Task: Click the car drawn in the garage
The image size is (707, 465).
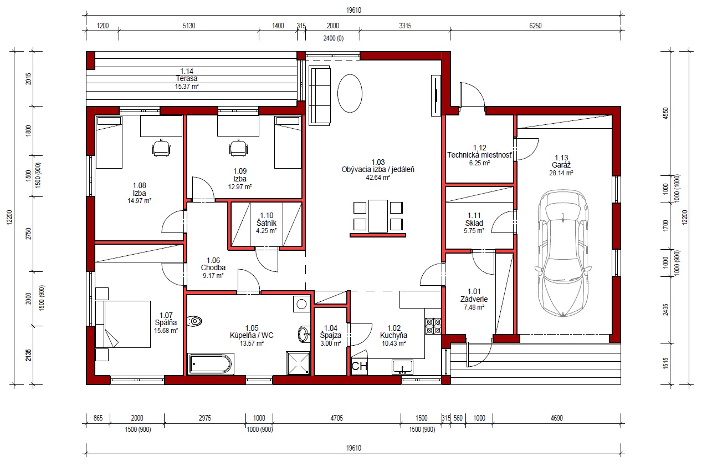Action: [563, 253]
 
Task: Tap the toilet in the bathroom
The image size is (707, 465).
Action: [194, 321]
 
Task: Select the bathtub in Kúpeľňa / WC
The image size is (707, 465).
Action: [210, 364]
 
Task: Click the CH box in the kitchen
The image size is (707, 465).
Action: [359, 366]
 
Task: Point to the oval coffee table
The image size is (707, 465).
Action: [350, 93]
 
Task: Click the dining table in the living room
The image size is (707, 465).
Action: [378, 216]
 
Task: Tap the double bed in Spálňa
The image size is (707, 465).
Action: [123, 324]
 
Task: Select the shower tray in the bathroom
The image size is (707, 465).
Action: [298, 363]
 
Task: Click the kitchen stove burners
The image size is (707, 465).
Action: [433, 326]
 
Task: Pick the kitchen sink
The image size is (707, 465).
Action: [402, 367]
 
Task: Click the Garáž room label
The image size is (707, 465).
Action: [561, 165]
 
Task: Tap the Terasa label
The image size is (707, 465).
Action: [187, 78]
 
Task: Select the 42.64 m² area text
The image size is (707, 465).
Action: [378, 178]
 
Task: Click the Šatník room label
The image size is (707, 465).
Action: [267, 223]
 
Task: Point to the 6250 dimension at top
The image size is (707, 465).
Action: [535, 26]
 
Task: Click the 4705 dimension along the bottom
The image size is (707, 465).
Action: [336, 418]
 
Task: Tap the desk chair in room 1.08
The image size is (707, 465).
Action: [161, 148]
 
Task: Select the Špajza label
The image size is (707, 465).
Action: [331, 335]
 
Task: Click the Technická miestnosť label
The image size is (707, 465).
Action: [479, 155]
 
